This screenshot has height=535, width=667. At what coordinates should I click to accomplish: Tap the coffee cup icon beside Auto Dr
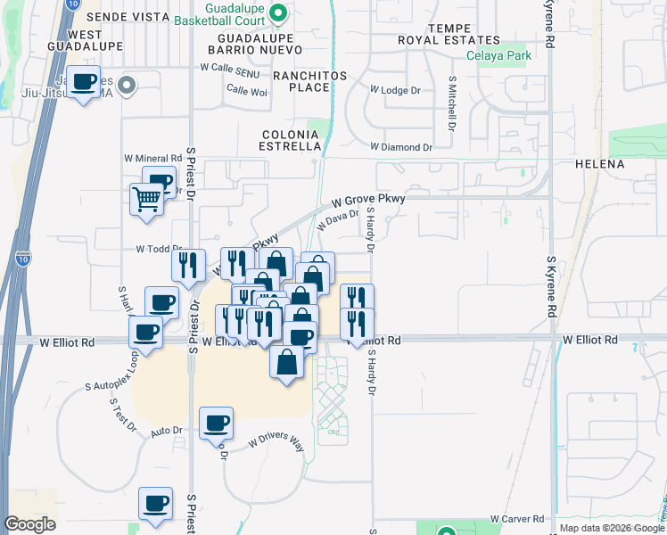[x=216, y=423]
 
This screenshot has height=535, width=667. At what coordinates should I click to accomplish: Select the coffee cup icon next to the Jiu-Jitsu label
[x=84, y=82]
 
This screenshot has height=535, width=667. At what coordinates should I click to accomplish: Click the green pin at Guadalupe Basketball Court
[x=277, y=12]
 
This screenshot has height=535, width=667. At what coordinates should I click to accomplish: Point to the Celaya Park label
[x=498, y=56]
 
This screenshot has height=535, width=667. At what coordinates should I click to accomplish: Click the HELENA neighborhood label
[x=624, y=165]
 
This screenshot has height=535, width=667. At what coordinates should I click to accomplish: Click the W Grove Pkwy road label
[x=369, y=201]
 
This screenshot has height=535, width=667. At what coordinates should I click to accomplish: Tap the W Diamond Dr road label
[x=400, y=146]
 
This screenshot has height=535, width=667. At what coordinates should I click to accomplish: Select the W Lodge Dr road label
[x=394, y=91]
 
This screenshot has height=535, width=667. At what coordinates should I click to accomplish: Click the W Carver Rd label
[x=517, y=519]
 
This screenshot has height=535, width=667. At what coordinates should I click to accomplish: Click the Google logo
[x=29, y=524]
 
